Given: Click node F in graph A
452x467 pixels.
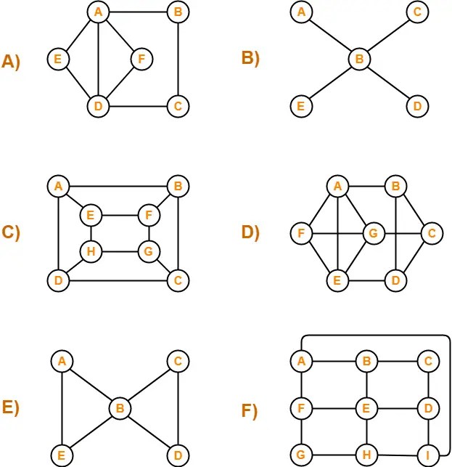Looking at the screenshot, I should click(x=141, y=58).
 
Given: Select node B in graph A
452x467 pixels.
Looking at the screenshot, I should click(x=177, y=12).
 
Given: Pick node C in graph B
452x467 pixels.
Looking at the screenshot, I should click(x=416, y=12).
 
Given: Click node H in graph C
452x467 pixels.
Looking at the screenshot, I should click(x=90, y=252).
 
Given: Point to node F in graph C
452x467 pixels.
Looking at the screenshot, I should click(x=149, y=215).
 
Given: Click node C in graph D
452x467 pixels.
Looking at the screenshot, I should click(x=432, y=234).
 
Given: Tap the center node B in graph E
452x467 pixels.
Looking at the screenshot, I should click(x=119, y=408).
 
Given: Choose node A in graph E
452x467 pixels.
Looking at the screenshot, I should click(x=62, y=361).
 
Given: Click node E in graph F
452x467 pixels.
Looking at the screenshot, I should click(x=366, y=408).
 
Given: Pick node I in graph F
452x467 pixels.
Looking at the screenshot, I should click(x=428, y=455).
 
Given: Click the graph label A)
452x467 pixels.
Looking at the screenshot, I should click(x=12, y=62).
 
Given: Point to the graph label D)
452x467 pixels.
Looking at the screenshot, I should click(x=252, y=232).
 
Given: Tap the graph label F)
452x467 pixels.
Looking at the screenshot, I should click(x=252, y=411).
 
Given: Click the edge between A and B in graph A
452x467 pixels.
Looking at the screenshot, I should click(x=137, y=12).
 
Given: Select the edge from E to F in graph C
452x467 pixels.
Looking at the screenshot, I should click(x=120, y=215).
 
